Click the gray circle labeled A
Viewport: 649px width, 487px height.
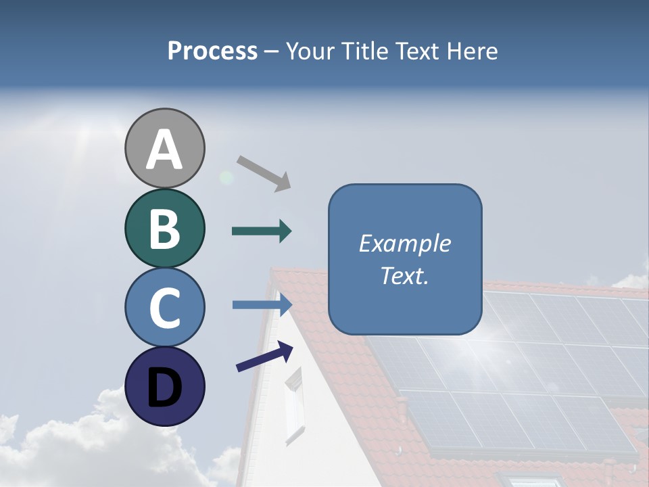(164, 148)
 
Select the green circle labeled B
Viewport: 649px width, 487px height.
(164, 228)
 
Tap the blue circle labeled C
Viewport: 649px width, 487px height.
(164, 307)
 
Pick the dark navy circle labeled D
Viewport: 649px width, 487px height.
(164, 386)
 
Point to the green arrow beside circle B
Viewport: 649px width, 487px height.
(262, 231)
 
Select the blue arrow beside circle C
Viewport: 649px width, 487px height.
(262, 305)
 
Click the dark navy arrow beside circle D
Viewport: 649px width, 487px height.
(264, 356)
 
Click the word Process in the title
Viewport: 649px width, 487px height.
(212, 51)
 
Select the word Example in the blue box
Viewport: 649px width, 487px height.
(404, 243)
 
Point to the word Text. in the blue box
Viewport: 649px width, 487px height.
(404, 275)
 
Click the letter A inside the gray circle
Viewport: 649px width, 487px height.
(164, 149)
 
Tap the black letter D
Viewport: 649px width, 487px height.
(164, 388)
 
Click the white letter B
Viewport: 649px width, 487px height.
(164, 229)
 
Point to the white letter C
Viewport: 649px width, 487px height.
(164, 308)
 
